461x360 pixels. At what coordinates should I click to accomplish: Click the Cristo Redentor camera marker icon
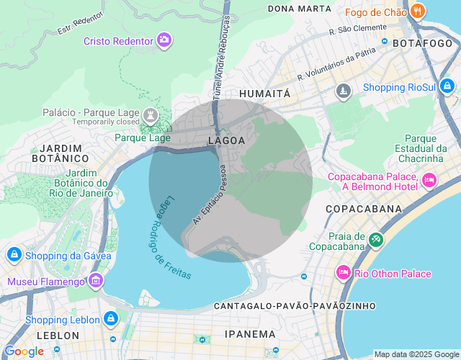click(x=165, y=40)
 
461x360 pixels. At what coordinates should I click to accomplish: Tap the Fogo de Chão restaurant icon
click(x=418, y=11)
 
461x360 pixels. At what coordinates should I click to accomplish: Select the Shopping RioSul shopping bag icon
click(x=447, y=86)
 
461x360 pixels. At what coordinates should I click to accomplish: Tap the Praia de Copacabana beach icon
click(x=375, y=240)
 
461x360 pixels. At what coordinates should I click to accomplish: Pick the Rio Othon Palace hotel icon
click(x=342, y=273)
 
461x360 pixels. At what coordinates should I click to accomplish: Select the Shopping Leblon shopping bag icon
click(x=110, y=318)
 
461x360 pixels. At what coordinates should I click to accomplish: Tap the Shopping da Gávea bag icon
click(x=14, y=255)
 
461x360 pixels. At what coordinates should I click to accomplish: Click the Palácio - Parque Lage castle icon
click(x=150, y=114)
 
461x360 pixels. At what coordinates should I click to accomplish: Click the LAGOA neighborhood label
click(x=226, y=140)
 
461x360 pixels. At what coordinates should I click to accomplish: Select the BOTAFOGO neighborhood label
click(x=421, y=43)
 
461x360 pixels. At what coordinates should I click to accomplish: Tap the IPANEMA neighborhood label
click(x=250, y=334)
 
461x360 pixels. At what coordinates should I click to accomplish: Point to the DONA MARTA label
click(x=299, y=9)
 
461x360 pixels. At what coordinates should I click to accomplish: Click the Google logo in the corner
click(x=24, y=351)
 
